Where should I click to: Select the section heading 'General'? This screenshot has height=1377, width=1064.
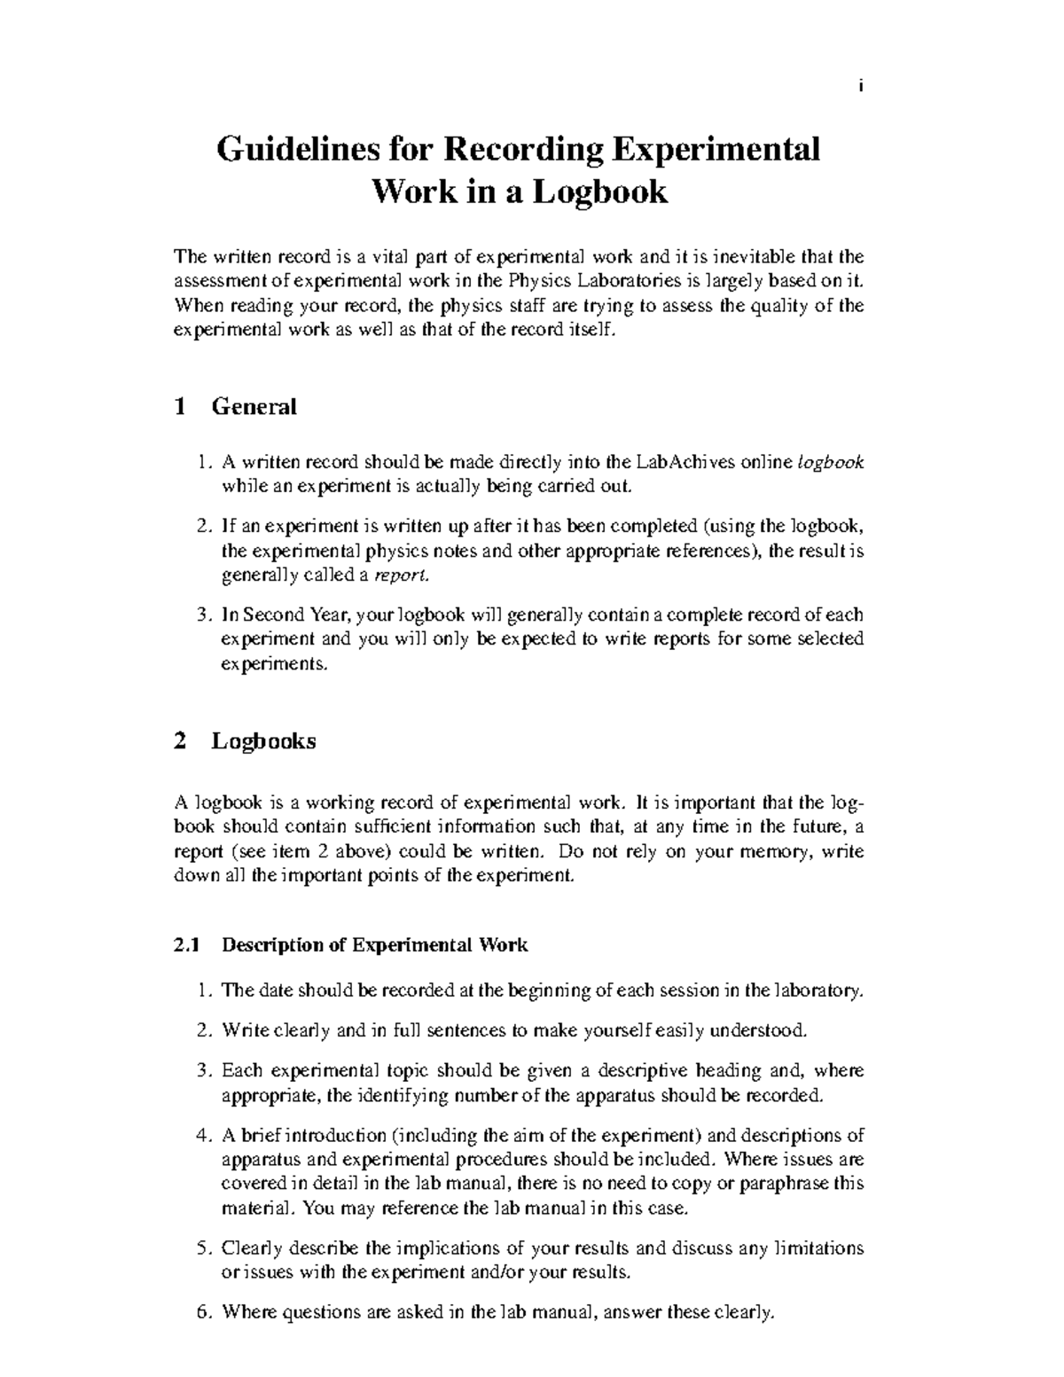pyautogui.click(x=254, y=407)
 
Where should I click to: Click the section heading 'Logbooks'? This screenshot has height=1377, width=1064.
pyautogui.click(x=263, y=741)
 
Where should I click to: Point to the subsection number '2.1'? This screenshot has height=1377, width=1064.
pyautogui.click(x=189, y=945)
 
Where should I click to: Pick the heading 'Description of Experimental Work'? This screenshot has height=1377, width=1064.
pyautogui.click(x=374, y=945)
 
